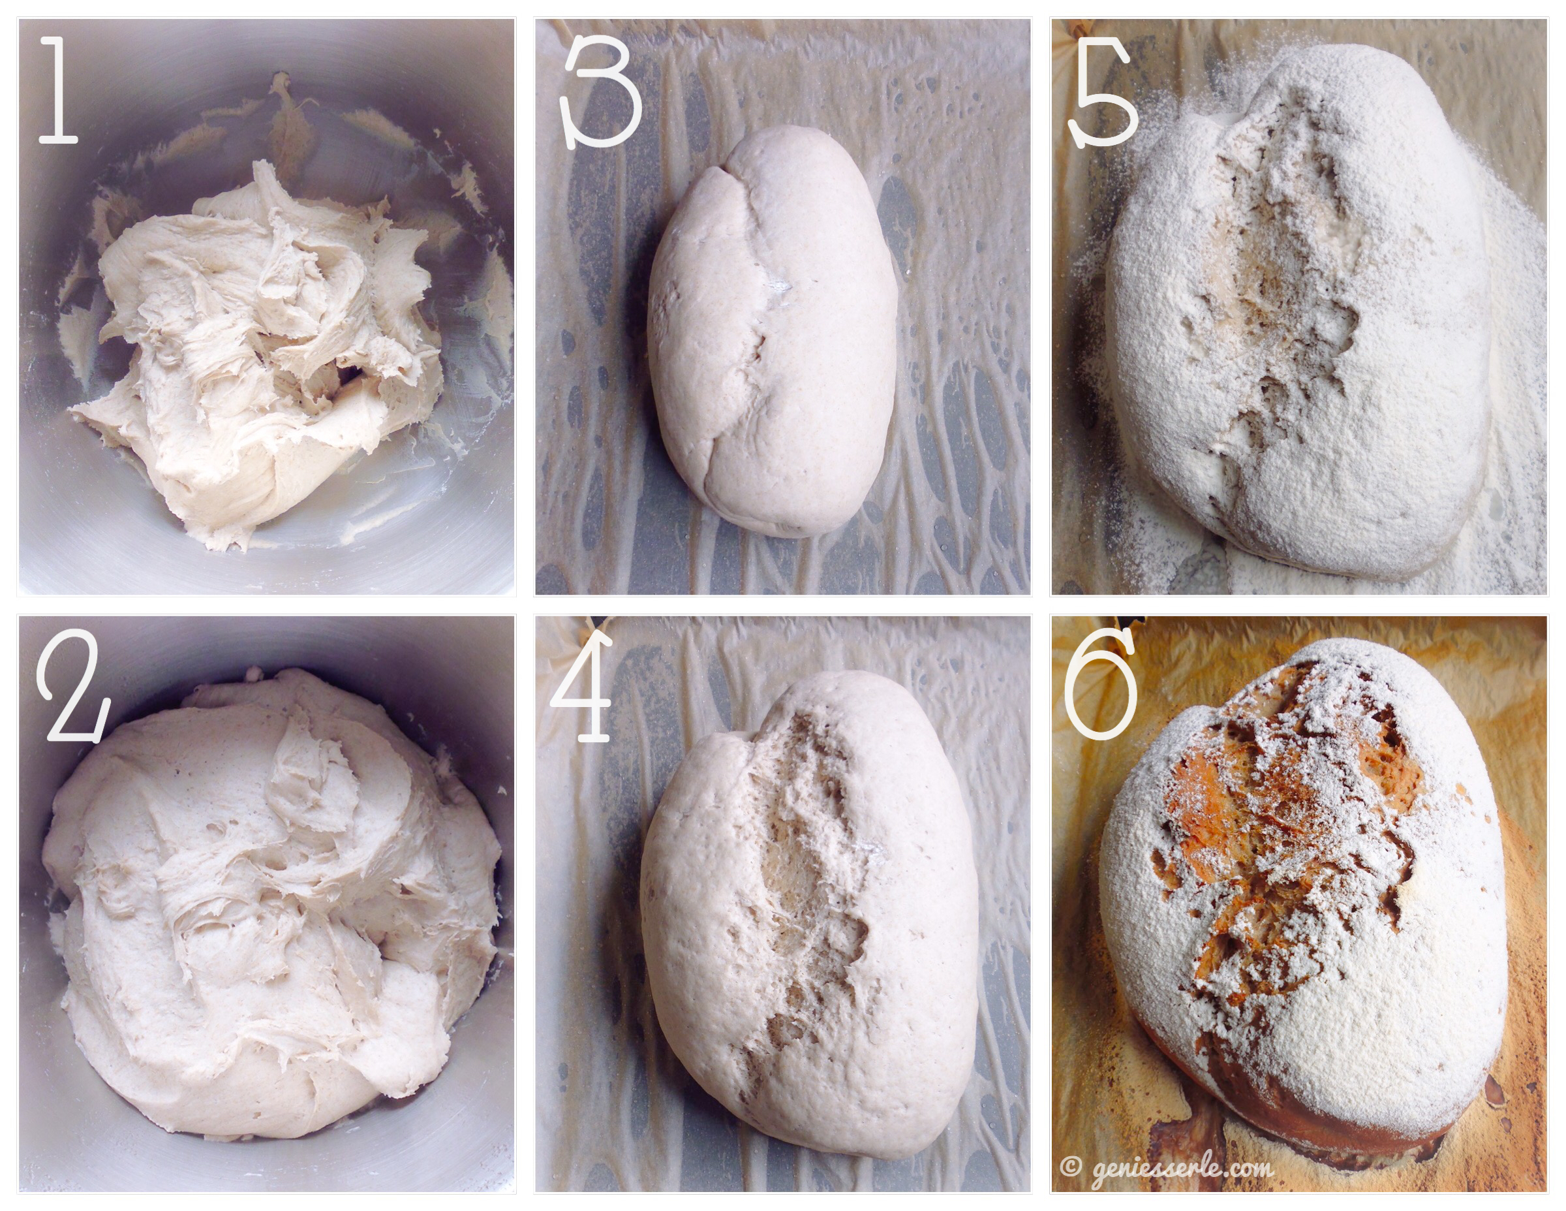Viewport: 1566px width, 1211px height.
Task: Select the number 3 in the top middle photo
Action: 603,93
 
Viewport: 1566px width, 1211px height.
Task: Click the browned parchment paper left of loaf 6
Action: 1090,933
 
